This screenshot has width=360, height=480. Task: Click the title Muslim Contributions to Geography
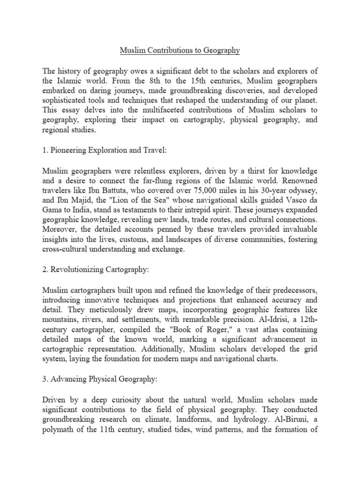180,50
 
